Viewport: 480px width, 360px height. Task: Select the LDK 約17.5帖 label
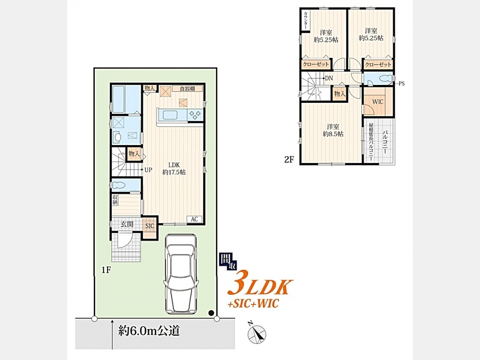pyautogui.click(x=174, y=168)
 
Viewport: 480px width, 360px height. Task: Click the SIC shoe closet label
pyautogui.click(x=150, y=226)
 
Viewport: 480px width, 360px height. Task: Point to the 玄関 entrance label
pyautogui.click(x=127, y=224)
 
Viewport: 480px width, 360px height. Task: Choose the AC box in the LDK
pyautogui.click(x=194, y=219)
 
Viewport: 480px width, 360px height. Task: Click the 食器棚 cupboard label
pyautogui.click(x=187, y=88)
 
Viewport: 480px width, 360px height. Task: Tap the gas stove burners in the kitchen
pyautogui.click(x=195, y=115)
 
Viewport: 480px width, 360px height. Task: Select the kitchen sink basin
pyautogui.click(x=170, y=115)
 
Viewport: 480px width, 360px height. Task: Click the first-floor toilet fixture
pyautogui.click(x=118, y=185)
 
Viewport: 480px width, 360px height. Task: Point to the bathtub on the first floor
pyautogui.click(x=118, y=99)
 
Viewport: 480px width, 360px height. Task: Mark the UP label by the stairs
pyautogui.click(x=148, y=170)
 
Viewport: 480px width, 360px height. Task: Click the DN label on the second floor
pyautogui.click(x=329, y=78)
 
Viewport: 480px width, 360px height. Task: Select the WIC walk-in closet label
pyautogui.click(x=378, y=102)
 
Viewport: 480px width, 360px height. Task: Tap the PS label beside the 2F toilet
pyautogui.click(x=402, y=84)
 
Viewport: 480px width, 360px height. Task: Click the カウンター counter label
pyautogui.click(x=306, y=20)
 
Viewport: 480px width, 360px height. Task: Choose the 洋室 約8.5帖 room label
pyautogui.click(x=333, y=130)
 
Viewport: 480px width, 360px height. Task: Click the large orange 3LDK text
pyautogui.click(x=260, y=284)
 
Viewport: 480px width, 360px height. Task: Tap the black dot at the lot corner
pyautogui.click(x=211, y=313)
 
